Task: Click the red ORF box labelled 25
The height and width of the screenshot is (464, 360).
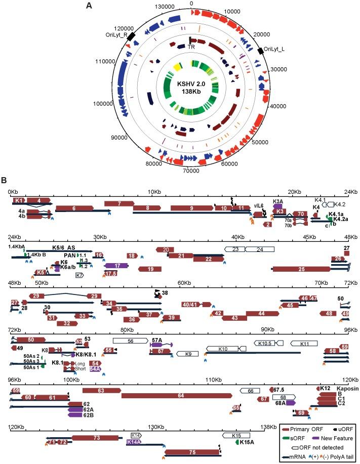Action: [302, 269]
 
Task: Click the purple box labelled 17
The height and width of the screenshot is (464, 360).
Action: [117, 265]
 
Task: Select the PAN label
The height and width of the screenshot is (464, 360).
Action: [70, 255]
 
